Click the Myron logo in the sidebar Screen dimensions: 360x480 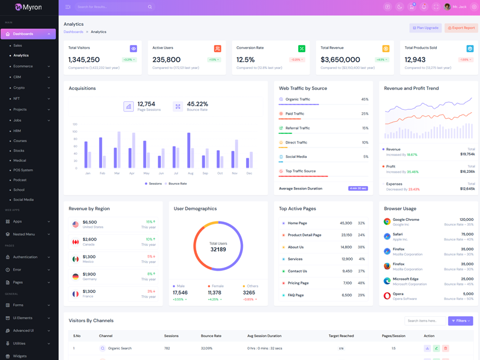(28, 7)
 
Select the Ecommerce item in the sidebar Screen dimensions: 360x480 (23, 66)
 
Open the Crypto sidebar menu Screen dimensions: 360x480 (19, 88)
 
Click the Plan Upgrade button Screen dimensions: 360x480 (425, 28)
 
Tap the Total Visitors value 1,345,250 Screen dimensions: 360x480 (84, 59)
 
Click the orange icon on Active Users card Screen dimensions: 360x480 (217, 49)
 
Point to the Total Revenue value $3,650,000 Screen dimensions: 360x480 (340, 59)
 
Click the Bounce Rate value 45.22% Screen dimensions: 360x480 (197, 104)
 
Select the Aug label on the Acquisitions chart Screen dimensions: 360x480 (190, 173)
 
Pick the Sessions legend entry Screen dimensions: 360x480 (153, 184)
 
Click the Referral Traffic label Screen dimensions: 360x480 (298, 128)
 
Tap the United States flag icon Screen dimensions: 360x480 (76, 224)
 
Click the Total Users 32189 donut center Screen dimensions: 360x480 (218, 247)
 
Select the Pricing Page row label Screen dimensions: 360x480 (298, 283)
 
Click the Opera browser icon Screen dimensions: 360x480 (387, 296)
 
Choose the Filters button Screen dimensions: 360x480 (460, 321)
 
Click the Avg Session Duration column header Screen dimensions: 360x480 (264, 336)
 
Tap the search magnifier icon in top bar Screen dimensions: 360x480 (150, 7)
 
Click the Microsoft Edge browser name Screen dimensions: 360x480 (406, 279)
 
